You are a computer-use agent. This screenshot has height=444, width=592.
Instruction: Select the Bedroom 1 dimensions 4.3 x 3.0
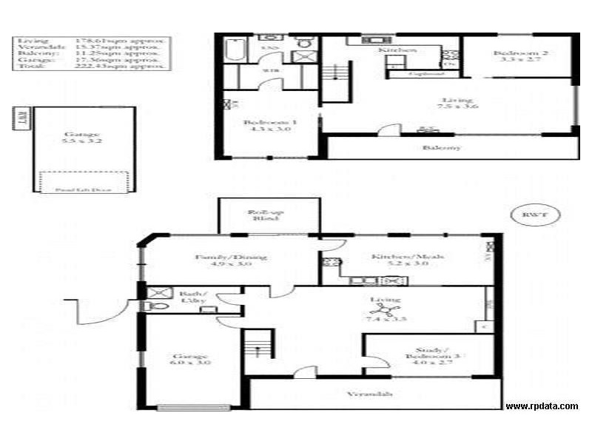pyautogui.click(x=271, y=129)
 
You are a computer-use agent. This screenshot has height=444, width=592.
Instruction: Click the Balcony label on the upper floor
pyautogui.click(x=441, y=147)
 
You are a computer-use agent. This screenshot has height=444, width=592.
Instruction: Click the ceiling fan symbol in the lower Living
pyautogui.click(x=388, y=312)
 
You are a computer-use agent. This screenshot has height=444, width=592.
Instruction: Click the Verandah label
pyautogui.click(x=369, y=394)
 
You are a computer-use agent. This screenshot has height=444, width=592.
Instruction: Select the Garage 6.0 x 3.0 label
pyautogui.click(x=191, y=360)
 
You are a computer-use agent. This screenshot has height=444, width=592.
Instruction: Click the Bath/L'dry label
pyautogui.click(x=192, y=297)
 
